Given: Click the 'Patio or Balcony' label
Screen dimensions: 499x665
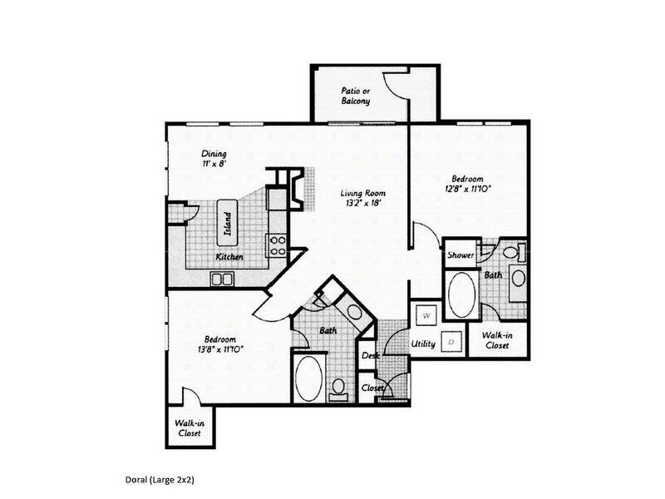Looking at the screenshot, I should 356,96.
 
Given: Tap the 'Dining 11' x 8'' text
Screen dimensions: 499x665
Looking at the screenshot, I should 214,159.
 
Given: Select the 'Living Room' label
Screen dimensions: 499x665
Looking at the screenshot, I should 362,198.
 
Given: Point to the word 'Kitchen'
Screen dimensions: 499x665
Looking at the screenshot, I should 229,257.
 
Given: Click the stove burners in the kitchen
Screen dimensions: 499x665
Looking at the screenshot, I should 277,243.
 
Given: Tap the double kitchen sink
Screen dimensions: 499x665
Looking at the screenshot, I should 222,279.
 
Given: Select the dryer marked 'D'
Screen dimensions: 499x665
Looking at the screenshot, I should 450,341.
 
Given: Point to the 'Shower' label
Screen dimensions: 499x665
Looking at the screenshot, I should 461,255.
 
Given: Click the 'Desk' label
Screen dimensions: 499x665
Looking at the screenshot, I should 370,355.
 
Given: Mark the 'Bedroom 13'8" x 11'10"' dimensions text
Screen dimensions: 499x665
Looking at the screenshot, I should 220,343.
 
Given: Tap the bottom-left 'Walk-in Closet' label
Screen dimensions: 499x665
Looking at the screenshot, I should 190,427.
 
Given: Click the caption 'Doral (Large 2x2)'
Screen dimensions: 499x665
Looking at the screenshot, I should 159,480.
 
